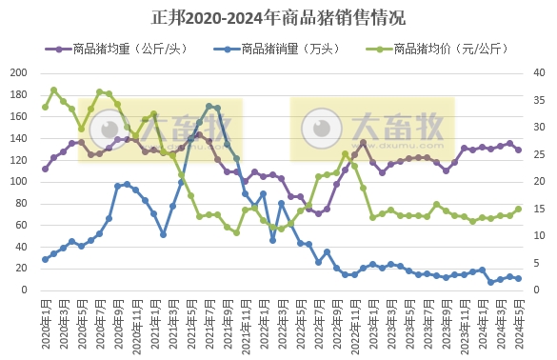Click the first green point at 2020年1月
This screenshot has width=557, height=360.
pos(45,107)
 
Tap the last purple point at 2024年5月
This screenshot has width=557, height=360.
pos(518,150)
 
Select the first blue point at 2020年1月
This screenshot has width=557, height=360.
pos(45,259)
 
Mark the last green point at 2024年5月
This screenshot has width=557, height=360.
pos(518,210)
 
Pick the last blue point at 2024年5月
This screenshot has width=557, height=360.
pos(518,279)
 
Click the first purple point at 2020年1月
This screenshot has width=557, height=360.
pos(45,169)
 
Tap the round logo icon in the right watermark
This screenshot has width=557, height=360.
pos(322,127)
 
